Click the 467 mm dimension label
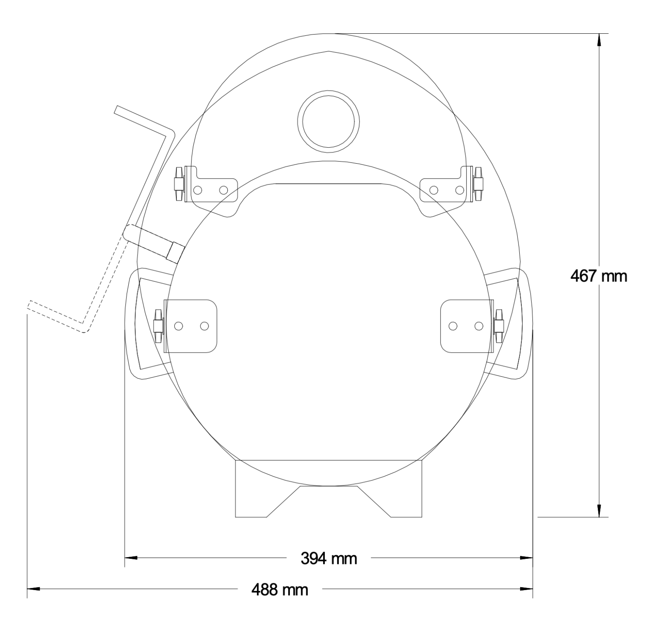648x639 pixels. pyautogui.click(x=598, y=277)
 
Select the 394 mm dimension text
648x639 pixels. pyautogui.click(x=328, y=558)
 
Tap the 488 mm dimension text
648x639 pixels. pyautogui.click(x=280, y=589)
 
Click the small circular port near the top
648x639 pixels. pyautogui.click(x=328, y=121)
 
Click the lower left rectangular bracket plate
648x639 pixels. pyautogui.click(x=191, y=326)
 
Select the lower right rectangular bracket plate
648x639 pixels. pyautogui.click(x=466, y=326)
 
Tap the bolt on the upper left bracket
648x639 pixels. pyautogui.click(x=179, y=184)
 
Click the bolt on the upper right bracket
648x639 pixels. pyautogui.click(x=478, y=184)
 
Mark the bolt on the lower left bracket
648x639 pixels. pyautogui.click(x=158, y=326)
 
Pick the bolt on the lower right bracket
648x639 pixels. pyautogui.click(x=499, y=326)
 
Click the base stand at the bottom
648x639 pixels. pyautogui.click(x=328, y=489)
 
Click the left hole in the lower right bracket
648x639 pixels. pyautogui.click(x=453, y=326)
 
